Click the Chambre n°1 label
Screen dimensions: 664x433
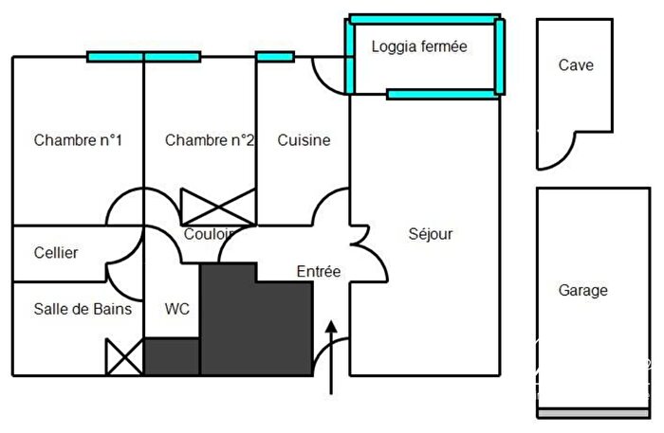pyautogui.click(x=78, y=140)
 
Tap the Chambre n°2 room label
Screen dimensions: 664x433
pyautogui.click(x=210, y=140)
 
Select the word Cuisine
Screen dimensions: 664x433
pyautogui.click(x=304, y=140)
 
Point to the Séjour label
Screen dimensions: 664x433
pyautogui.click(x=431, y=234)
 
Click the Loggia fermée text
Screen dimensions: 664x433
pyautogui.click(x=419, y=46)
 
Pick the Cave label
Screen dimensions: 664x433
pyautogui.click(x=576, y=64)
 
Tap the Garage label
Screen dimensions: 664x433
pyautogui.click(x=582, y=291)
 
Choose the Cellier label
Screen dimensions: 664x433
pyautogui.click(x=56, y=253)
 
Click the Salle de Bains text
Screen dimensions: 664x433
pyautogui.click(x=83, y=309)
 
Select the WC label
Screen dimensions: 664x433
pyautogui.click(x=176, y=309)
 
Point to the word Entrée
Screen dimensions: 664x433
pyautogui.click(x=319, y=272)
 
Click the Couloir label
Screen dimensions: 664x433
pyautogui.click(x=210, y=234)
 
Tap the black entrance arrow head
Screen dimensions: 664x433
pyautogui.click(x=331, y=327)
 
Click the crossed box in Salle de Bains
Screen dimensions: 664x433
pyautogui.click(x=124, y=357)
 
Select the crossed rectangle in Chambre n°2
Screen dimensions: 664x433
pyautogui.click(x=218, y=207)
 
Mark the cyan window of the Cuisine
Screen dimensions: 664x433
pyautogui.click(x=275, y=57)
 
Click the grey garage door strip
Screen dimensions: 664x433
pyautogui.click(x=593, y=413)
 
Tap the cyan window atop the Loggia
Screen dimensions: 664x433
pyautogui.click(x=425, y=19)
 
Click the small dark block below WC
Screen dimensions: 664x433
pyautogui.click(x=172, y=356)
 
